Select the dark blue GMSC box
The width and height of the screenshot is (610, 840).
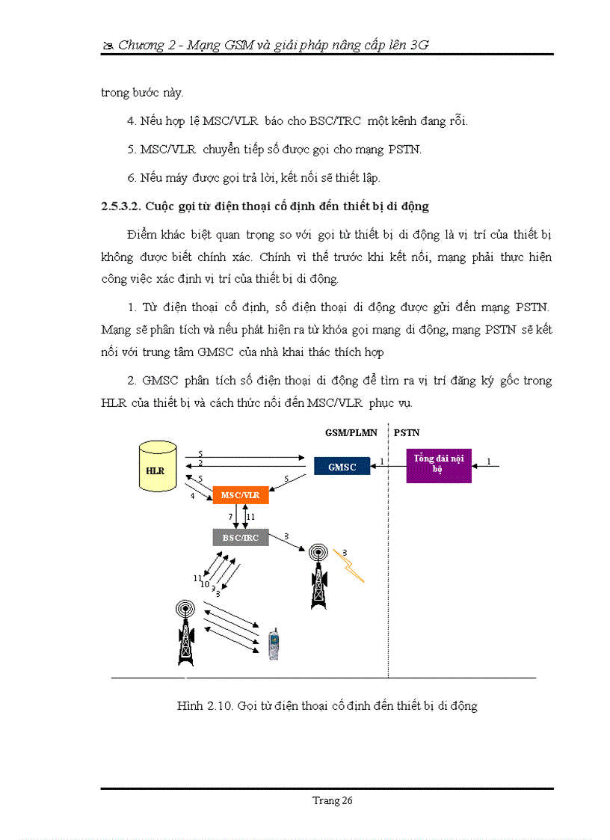coord(342,467)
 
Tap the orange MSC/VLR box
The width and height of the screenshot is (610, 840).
coord(240,494)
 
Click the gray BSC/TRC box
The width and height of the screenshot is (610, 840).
coord(240,537)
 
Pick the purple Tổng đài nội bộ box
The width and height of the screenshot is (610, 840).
coord(439,464)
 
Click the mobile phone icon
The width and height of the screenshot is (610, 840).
coord(274,644)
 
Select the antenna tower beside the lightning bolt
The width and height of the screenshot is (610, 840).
coord(319,576)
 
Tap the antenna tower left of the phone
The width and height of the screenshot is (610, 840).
coord(185,632)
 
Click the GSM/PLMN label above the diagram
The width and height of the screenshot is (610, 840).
coord(351,432)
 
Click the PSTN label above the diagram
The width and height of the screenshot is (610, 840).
coord(407,432)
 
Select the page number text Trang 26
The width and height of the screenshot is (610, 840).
coord(332,800)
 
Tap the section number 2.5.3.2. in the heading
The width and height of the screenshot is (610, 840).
coord(121,206)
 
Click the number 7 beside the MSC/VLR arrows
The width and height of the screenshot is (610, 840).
coord(231,517)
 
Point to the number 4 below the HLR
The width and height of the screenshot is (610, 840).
coord(192,496)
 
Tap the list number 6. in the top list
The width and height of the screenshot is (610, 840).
coord(131,177)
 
